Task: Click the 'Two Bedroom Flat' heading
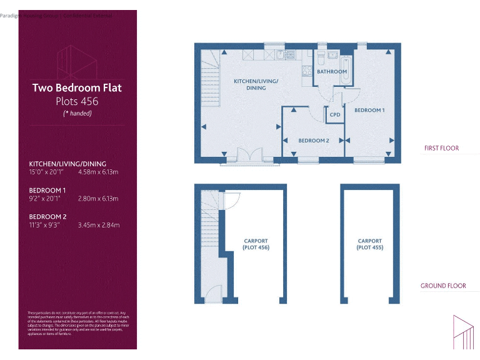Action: point(77,88)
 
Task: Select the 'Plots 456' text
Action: point(77,101)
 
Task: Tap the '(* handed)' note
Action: point(77,113)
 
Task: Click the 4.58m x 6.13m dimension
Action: point(98,171)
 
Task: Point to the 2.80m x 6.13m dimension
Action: point(98,198)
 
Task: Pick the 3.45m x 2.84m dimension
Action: point(98,225)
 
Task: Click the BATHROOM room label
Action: point(331,72)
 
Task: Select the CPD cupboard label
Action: point(335,115)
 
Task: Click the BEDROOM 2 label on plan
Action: point(313,141)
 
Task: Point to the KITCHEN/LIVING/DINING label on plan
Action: point(256,85)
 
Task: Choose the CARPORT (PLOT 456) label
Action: point(256,244)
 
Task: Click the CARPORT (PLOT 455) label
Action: point(369,244)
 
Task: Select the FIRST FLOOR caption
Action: point(441,149)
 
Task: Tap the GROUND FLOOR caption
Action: point(442,286)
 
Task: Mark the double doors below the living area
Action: point(248,156)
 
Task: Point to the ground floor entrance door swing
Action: point(214,292)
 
